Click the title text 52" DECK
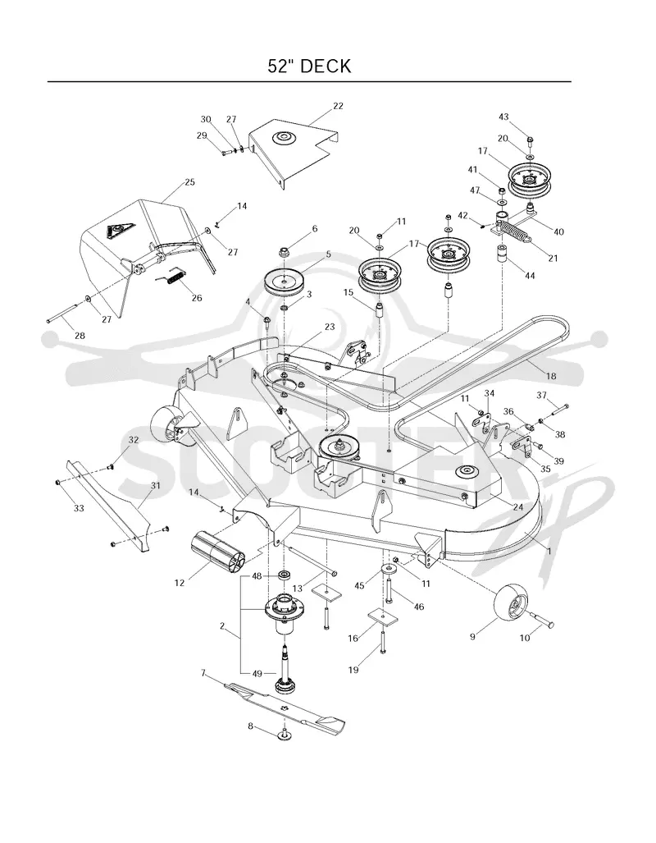coord(309,66)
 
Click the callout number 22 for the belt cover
coord(338,106)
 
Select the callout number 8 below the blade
coord(250,726)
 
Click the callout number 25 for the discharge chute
coord(189,181)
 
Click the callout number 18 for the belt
coord(551,376)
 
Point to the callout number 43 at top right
coord(503,117)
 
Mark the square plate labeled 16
coord(382,616)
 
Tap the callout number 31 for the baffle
coord(155,485)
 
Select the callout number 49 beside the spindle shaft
coord(257,672)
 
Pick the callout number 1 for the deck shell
coord(549,551)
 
